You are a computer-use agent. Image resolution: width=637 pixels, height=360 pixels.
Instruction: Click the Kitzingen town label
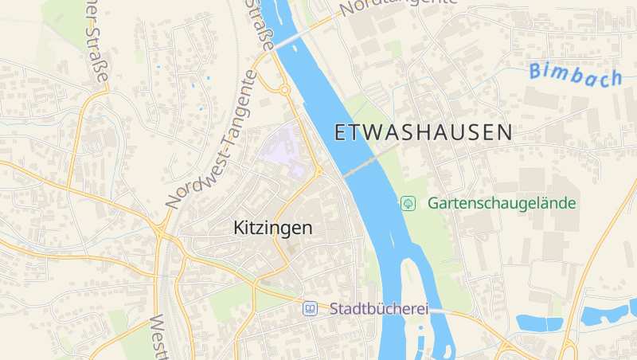273,228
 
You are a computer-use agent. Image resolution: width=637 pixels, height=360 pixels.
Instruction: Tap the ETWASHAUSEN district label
424,133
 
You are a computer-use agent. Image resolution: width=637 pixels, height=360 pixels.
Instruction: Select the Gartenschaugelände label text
502,203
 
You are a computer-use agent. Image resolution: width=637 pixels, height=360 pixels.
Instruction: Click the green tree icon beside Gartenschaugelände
408,203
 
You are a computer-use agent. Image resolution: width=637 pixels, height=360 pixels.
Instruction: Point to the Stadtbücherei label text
379,308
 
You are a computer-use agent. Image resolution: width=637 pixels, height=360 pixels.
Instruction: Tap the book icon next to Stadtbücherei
310,308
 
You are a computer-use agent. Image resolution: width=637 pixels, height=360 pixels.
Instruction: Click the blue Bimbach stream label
576,74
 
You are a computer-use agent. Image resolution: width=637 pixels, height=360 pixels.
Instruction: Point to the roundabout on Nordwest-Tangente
283,89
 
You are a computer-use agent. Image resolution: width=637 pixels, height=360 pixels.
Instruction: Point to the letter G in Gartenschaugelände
434,203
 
